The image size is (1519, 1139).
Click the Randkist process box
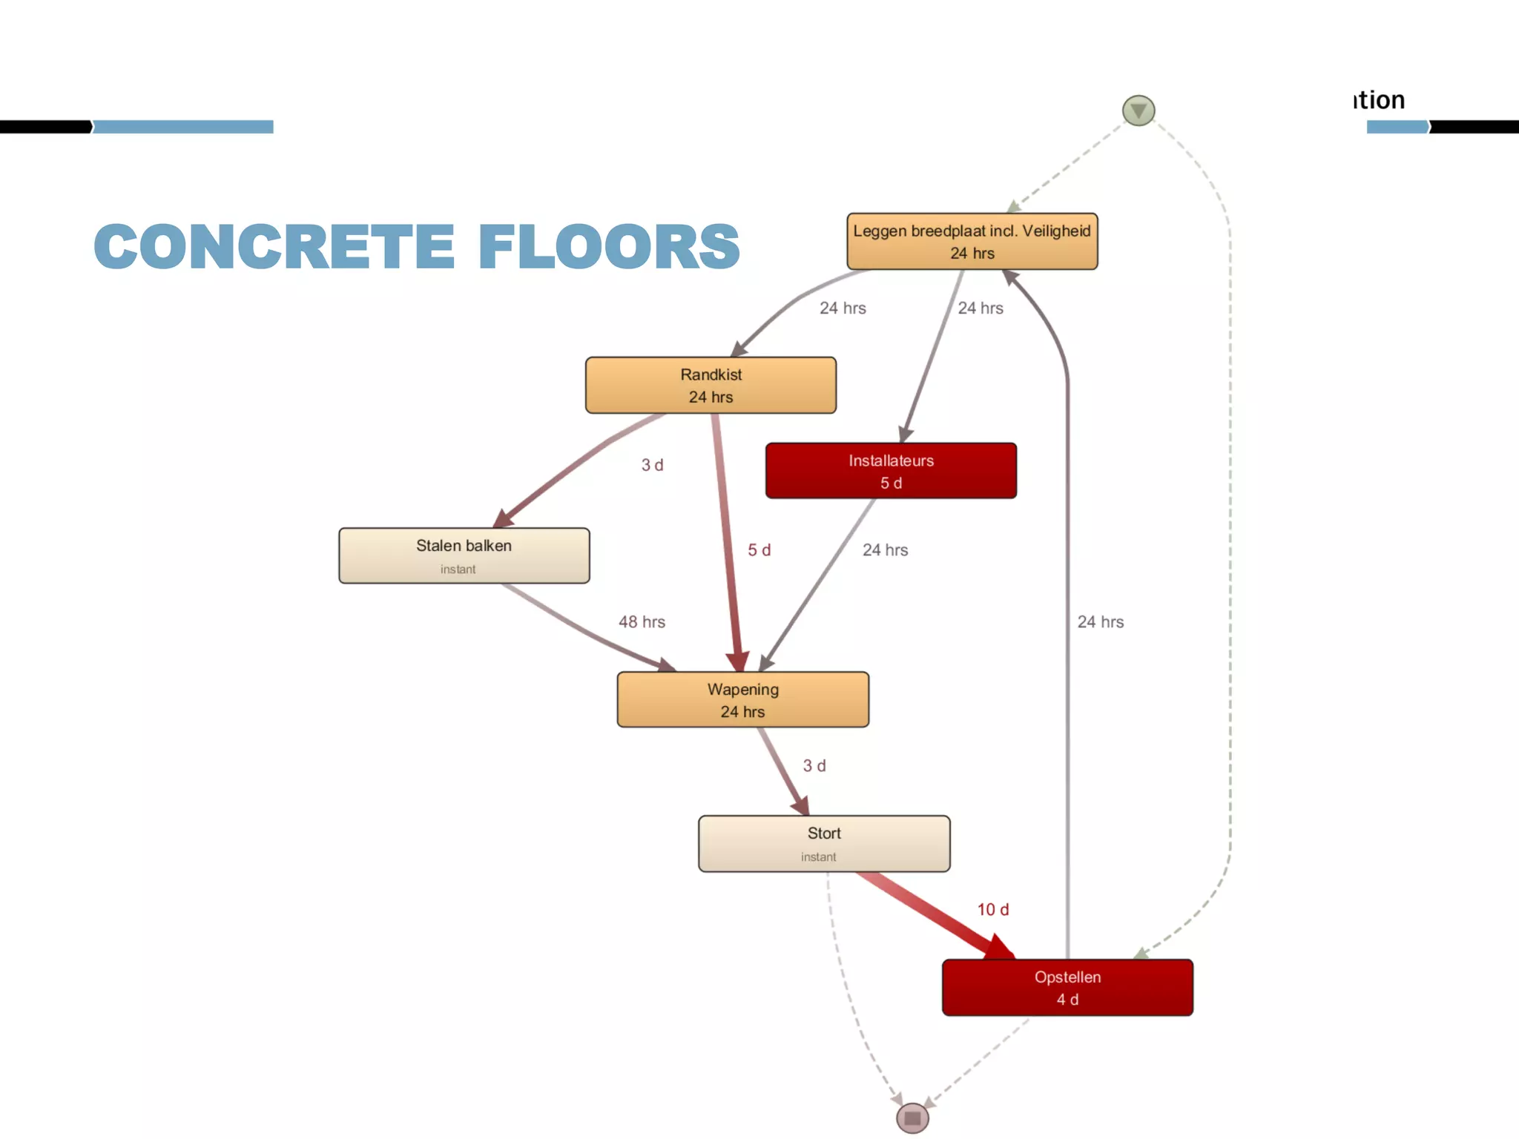pyautogui.click(x=711, y=385)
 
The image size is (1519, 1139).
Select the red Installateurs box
pyautogui.click(x=891, y=471)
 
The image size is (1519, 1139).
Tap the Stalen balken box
pyautogui.click(x=464, y=555)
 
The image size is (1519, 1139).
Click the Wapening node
pyautogui.click(x=742, y=699)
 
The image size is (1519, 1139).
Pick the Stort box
pyautogui.click(x=823, y=843)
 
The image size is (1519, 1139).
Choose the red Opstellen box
pyautogui.click(x=1067, y=987)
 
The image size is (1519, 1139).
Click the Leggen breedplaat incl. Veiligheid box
pyautogui.click(x=972, y=241)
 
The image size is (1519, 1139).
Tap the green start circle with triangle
pyautogui.click(x=1139, y=110)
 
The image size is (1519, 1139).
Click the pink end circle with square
pyautogui.click(x=912, y=1118)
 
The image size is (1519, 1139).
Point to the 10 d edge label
pyautogui.click(x=992, y=909)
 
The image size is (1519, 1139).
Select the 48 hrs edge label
pyautogui.click(x=642, y=621)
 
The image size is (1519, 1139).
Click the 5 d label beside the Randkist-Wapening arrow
pyautogui.click(x=759, y=549)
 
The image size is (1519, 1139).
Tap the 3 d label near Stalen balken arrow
pyautogui.click(x=652, y=465)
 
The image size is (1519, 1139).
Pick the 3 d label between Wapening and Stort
pyautogui.click(x=814, y=765)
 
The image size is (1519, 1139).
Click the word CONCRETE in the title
pyautogui.click(x=274, y=246)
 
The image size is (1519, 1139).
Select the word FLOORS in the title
pyautogui.click(x=609, y=246)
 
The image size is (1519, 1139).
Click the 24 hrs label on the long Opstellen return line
pyautogui.click(x=1100, y=621)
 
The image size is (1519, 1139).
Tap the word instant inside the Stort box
pyautogui.click(x=818, y=856)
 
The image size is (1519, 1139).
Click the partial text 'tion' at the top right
pyautogui.click(x=1379, y=99)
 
